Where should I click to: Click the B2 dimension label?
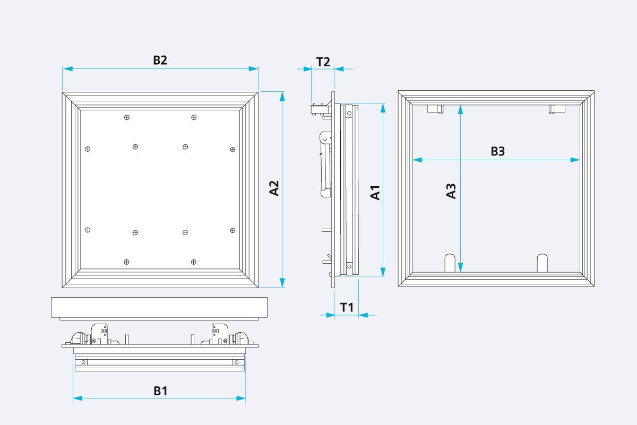tap(160, 60)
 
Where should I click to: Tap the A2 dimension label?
tap(274, 188)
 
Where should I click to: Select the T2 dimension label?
tap(323, 62)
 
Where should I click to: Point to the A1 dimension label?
tap(375, 193)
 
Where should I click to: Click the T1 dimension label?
tap(347, 308)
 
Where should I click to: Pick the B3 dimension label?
tap(498, 151)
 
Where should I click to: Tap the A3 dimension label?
tap(451, 191)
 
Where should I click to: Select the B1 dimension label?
tap(161, 391)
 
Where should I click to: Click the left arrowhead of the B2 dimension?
tap(68, 69)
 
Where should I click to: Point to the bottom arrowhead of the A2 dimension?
tap(282, 283)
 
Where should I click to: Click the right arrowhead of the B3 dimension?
tap(575, 160)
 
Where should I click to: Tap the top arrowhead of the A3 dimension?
tap(460, 110)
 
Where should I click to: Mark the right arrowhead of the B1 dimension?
tap(241, 398)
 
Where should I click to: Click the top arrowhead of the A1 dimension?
tap(383, 108)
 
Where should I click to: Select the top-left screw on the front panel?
tap(127, 117)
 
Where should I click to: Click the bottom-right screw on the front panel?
tap(194, 262)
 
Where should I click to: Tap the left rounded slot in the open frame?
tap(450, 263)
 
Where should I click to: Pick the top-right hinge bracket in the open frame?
tap(557, 109)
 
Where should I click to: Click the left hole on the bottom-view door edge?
tap(84, 362)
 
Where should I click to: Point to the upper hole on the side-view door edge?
tap(349, 114)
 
